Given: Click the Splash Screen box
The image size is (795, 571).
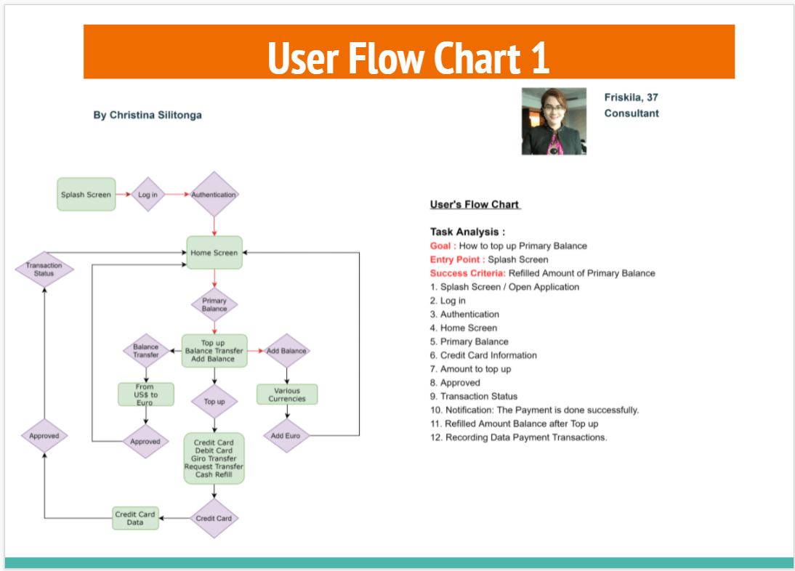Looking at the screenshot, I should coord(86,195).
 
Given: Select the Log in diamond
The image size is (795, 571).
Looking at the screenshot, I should coord(148,195).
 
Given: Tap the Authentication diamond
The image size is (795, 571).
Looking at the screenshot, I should coord(214,195).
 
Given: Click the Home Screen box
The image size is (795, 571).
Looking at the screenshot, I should coord(214,253).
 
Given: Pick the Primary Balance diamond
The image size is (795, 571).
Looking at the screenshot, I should coord(214,304).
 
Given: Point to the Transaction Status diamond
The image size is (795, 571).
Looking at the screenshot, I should coord(44,270).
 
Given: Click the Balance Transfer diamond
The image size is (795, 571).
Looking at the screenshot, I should coord(145,352).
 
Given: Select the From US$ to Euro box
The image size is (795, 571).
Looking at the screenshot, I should coord(145,394).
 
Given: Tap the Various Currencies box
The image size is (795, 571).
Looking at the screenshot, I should coord(287,394).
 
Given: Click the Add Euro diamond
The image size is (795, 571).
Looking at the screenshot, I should coord(286,436).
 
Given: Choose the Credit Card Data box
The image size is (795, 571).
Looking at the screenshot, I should coord(135,518).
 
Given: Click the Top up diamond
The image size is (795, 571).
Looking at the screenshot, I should coord(214,401).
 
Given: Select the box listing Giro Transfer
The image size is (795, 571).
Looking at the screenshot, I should coord(214,458).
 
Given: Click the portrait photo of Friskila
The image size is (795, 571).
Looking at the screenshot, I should coord(554,121).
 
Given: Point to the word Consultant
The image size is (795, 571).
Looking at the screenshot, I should coord(631,113).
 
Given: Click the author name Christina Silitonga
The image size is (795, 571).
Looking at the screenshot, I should coord(148,115).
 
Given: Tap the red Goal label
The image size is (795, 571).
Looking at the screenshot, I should coord(443,246).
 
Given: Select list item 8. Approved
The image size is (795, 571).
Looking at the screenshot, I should coord(455,383).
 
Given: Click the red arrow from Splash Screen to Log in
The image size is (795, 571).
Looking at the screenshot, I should coord(123,195).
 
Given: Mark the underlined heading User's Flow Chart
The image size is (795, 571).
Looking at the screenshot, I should coord(475,205).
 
